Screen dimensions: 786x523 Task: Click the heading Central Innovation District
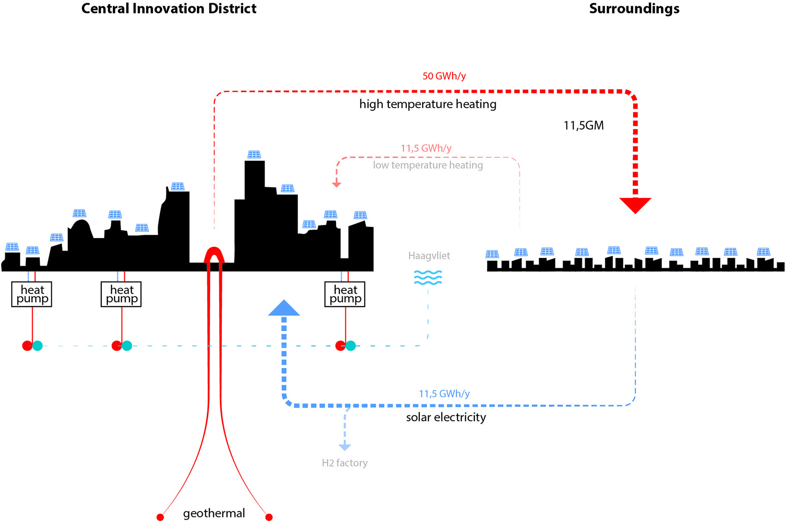pos(169,8)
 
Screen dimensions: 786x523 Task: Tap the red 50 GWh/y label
pos(444,76)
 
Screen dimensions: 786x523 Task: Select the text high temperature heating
pos(428,104)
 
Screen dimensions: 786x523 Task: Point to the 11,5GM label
pos(583,125)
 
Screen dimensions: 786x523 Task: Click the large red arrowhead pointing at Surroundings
pos(635,205)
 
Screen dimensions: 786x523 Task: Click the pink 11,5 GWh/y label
pos(426,148)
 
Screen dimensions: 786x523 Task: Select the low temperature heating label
pos(428,165)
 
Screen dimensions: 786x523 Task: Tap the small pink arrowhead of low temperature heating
pos(337,185)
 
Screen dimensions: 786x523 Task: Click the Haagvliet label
pos(429,256)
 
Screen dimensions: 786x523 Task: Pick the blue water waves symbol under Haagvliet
pos(428,277)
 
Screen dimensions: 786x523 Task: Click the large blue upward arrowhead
pos(284,308)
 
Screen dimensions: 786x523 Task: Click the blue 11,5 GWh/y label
pos(444,394)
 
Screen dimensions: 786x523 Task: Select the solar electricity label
pos(446,418)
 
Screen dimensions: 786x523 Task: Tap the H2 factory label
pos(344,462)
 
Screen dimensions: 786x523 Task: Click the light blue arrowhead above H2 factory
pos(344,447)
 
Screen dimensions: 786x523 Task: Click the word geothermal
pos(214,514)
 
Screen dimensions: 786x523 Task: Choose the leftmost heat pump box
pos(31,294)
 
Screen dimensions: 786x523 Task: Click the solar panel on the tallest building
pos(254,154)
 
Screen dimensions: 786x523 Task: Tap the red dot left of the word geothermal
pos(160,517)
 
